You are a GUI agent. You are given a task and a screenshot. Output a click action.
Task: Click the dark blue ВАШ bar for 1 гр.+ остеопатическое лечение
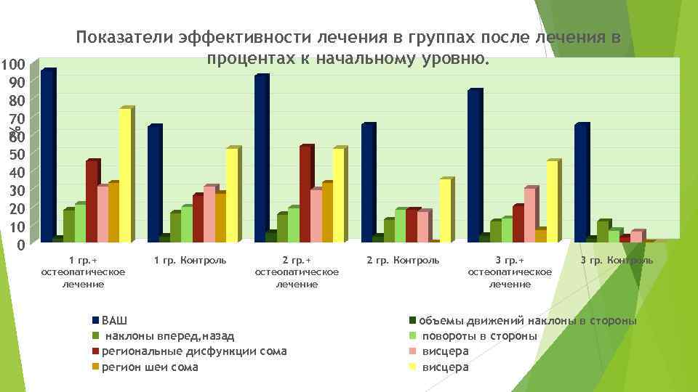(x=47, y=155)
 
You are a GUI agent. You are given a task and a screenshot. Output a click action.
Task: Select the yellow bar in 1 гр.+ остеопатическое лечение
(x=124, y=175)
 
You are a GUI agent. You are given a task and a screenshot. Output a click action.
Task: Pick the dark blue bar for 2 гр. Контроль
(x=367, y=182)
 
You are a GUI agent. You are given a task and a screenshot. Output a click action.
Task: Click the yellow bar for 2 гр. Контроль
(x=445, y=210)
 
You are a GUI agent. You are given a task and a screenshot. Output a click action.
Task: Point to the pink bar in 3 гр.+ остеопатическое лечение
(x=529, y=214)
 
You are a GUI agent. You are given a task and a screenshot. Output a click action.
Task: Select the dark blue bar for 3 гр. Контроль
(x=580, y=182)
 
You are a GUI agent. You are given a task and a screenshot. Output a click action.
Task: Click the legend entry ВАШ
(x=113, y=320)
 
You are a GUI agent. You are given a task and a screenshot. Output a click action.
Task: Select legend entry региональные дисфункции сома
(x=193, y=351)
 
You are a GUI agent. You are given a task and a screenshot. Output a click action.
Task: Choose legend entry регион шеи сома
(x=149, y=367)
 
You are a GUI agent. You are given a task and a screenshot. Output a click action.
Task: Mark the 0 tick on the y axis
(x=20, y=245)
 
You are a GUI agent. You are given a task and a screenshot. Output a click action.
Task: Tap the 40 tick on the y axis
(x=14, y=172)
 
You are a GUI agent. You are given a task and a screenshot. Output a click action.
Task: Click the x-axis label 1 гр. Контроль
(x=190, y=260)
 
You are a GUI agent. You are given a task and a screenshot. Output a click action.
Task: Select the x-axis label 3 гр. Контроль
(x=617, y=260)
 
